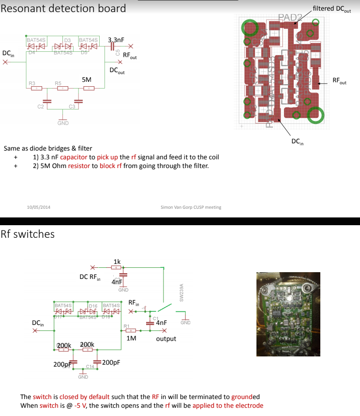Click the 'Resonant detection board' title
click(63, 8)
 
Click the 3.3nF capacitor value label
click(116, 40)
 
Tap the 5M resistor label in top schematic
click(87, 79)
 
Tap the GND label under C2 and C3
click(63, 123)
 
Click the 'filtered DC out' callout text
click(333, 9)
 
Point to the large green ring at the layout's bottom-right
click(316, 114)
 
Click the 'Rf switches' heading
click(28, 234)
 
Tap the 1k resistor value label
click(117, 261)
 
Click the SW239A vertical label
click(181, 293)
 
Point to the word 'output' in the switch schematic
click(166, 339)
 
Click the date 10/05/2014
click(38, 207)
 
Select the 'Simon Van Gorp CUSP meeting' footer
click(191, 207)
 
